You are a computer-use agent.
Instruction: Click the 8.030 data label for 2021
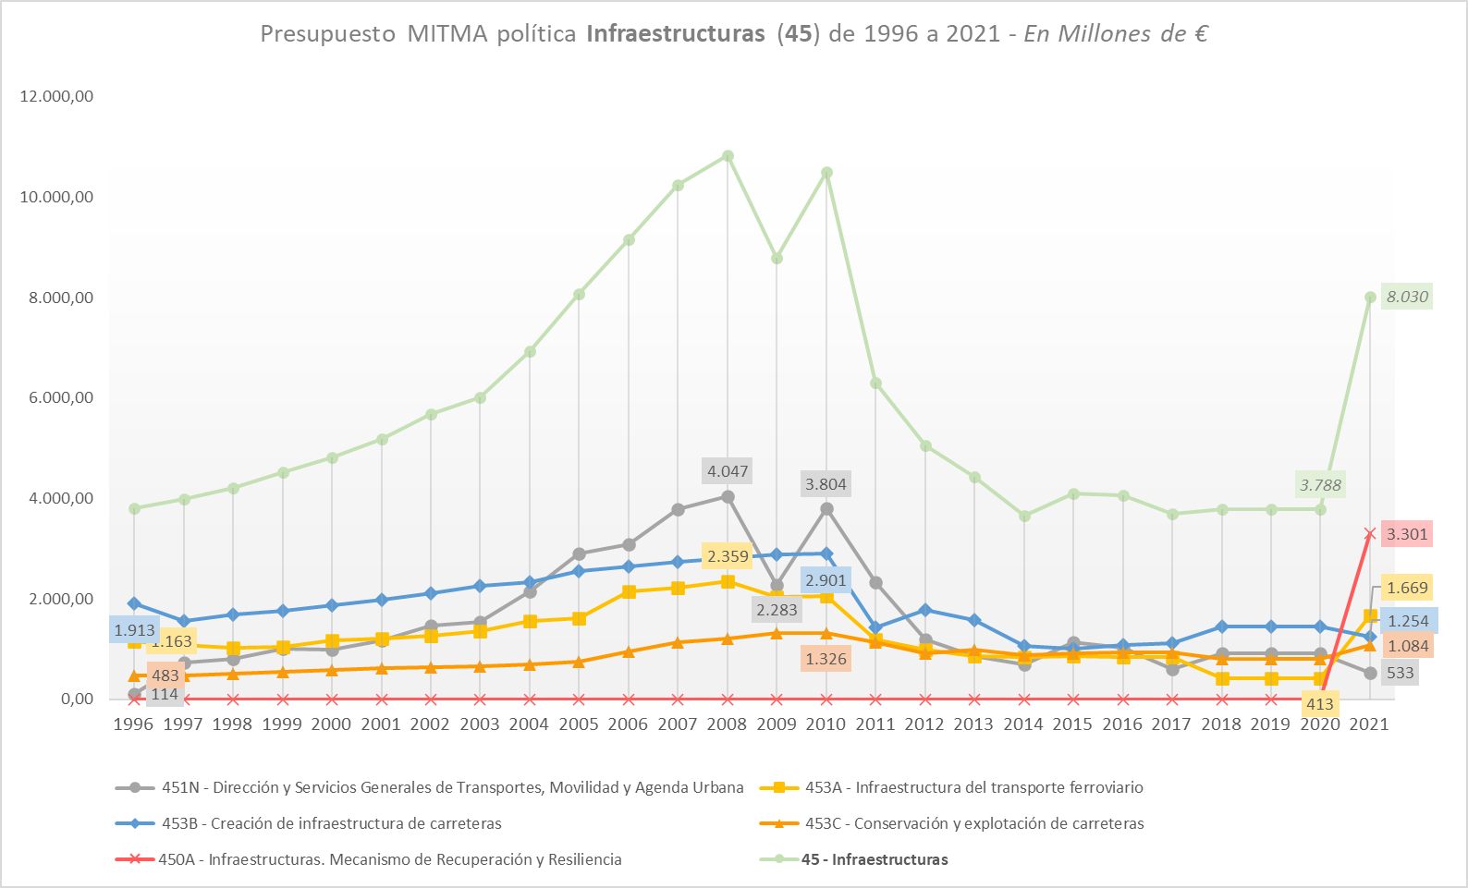pos(1407,297)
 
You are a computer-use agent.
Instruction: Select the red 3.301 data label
pos(1407,534)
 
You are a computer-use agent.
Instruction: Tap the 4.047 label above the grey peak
pos(728,471)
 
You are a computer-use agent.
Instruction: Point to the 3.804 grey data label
pos(826,484)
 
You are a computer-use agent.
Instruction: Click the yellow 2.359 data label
pos(728,556)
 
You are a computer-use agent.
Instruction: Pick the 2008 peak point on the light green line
pos(728,156)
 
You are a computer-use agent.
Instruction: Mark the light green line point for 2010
pos(826,173)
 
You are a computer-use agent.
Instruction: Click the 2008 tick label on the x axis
pos(727,724)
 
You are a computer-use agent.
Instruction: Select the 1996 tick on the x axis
pos(133,724)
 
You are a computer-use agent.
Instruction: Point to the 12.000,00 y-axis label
pos(56,96)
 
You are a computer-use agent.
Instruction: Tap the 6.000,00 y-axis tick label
pos(56,397)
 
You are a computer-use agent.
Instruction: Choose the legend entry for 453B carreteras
pos(331,823)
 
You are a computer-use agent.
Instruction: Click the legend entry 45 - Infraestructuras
pos(874,859)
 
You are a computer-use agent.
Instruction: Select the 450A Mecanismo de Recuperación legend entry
pos(389,859)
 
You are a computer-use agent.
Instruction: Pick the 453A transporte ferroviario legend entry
pos(973,787)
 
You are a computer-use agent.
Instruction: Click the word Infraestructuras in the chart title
pos(676,34)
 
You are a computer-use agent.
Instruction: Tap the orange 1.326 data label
pos(826,659)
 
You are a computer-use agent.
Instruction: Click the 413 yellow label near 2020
pos(1319,704)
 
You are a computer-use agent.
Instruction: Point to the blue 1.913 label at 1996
pos(134,630)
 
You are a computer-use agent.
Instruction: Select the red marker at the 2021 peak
pos(1370,533)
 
